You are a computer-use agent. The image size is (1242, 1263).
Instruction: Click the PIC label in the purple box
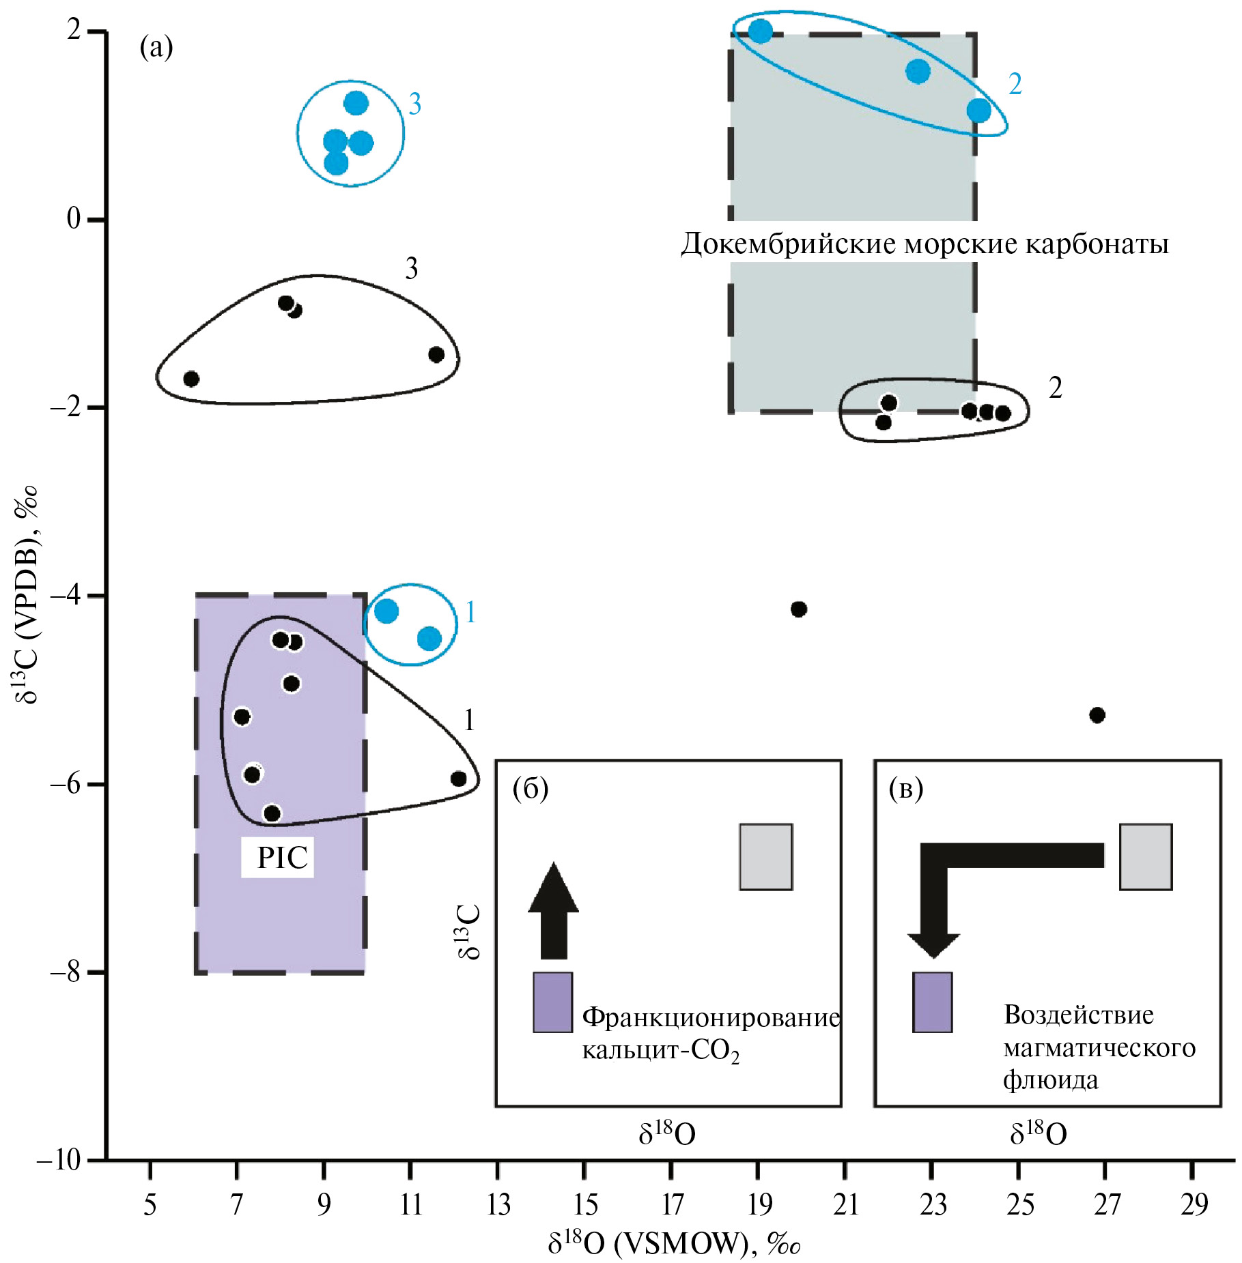[281, 857]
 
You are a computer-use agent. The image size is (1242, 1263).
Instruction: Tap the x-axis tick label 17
[672, 1204]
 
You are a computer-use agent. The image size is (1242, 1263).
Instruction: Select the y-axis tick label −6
[68, 784]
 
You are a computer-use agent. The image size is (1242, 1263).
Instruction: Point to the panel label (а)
[156, 48]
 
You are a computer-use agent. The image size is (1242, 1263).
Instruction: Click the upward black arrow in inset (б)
[553, 912]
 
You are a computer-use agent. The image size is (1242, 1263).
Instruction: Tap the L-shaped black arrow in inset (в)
[956, 880]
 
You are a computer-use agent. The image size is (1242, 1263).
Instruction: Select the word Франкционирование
[711, 1017]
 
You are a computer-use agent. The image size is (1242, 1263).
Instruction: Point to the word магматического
[1099, 1047]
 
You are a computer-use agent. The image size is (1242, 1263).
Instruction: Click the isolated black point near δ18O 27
[1097, 715]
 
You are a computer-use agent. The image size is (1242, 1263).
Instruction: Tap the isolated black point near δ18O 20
[799, 609]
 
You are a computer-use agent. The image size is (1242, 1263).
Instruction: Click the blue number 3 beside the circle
[414, 104]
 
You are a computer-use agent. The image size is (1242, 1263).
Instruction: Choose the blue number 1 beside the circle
[470, 613]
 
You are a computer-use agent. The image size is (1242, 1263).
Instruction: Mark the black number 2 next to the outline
[1055, 388]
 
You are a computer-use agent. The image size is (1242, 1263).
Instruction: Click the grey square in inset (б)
[765, 857]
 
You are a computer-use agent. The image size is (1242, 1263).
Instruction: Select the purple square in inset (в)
[932, 1002]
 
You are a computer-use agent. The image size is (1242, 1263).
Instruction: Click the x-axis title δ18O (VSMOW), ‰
[673, 1244]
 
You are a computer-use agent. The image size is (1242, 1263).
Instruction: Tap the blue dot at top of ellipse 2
[760, 31]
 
